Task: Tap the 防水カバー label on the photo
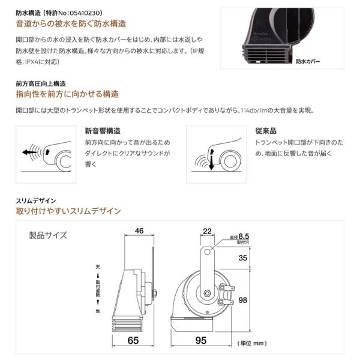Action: pyautogui.click(x=308, y=61)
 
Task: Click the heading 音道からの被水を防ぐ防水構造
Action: pyautogui.click(x=71, y=24)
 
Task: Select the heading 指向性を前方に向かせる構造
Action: pyautogui.click(x=67, y=94)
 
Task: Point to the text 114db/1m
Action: pyautogui.click(x=254, y=110)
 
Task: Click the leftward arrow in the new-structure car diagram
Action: pyautogui.click(x=29, y=152)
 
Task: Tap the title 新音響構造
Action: pyautogui.click(x=103, y=131)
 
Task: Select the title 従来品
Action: pyautogui.click(x=266, y=131)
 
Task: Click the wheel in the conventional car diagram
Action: pyautogui.click(x=230, y=161)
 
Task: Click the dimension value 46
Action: pyautogui.click(x=139, y=231)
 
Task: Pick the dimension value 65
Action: pyautogui.click(x=133, y=340)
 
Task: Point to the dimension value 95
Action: pyautogui.click(x=201, y=340)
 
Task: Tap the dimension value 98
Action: pyautogui.click(x=242, y=300)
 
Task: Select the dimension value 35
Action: pyautogui.click(x=242, y=258)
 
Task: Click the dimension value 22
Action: pyautogui.click(x=207, y=231)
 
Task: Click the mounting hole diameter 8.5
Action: pyautogui.click(x=244, y=236)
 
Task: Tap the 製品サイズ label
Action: pyautogui.click(x=48, y=235)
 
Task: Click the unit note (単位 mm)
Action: pyautogui.click(x=252, y=343)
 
